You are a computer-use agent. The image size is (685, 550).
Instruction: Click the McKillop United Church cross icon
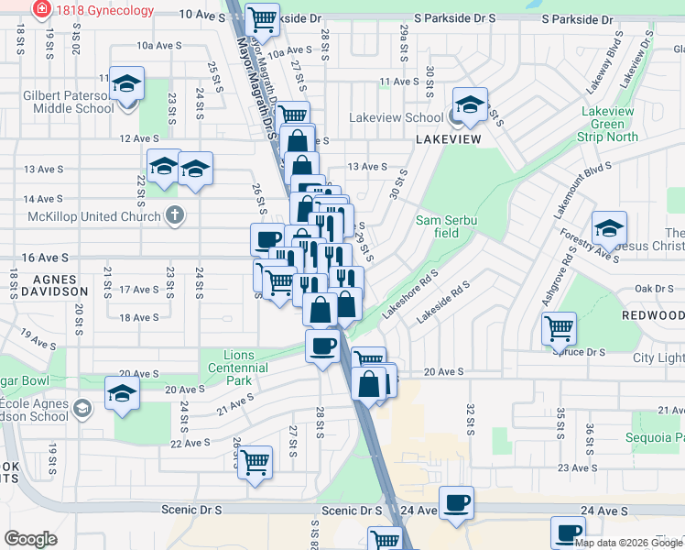(174, 216)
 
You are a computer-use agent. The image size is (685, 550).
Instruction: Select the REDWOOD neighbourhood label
(652, 315)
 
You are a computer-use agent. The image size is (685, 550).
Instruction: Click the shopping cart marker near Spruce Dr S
(559, 327)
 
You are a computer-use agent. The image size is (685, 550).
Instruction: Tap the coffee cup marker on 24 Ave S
(456, 502)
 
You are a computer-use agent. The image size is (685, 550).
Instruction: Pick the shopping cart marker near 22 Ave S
(255, 461)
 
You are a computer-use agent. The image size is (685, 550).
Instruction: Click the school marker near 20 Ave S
(123, 394)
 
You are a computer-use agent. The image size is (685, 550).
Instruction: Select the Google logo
(30, 539)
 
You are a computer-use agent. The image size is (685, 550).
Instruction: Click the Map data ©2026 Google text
(628, 543)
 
